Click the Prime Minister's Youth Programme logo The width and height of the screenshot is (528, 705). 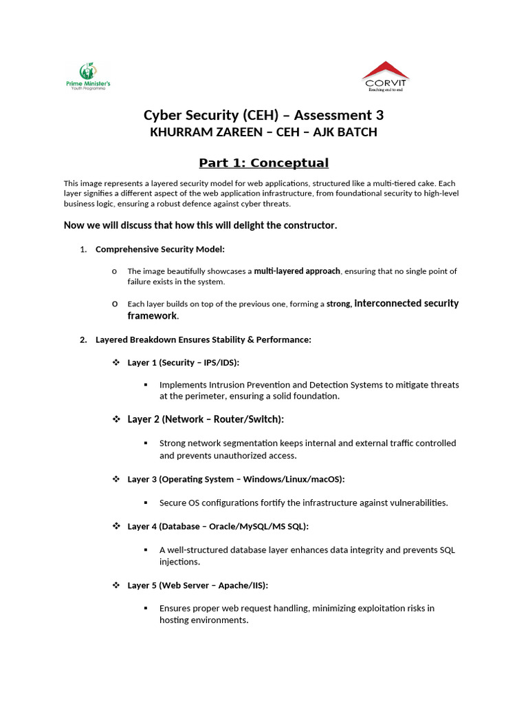tap(87, 76)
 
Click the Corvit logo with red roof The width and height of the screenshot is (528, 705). tap(385, 76)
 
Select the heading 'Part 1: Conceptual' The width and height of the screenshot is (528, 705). tap(263, 163)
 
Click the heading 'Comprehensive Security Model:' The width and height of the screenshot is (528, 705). tap(160, 249)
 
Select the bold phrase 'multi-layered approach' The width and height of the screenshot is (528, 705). tap(297, 271)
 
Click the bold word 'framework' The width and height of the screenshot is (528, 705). tap(152, 316)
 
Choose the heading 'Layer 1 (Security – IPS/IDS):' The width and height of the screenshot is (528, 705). tap(184, 363)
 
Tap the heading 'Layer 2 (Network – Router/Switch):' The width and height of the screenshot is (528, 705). tap(206, 419)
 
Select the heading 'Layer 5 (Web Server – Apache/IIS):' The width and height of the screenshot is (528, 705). tap(197, 585)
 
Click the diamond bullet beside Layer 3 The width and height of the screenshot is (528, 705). tap(116, 479)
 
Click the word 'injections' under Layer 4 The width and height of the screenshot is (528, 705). tap(179, 562)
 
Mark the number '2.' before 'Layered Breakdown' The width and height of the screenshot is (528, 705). tap(83, 339)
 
